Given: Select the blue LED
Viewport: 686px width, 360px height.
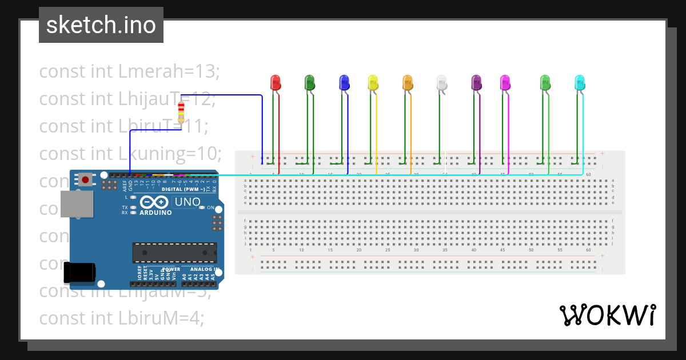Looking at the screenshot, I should click(344, 82).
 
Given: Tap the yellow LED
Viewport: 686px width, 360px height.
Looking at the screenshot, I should click(373, 82).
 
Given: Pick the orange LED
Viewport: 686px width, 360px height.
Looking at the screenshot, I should click(407, 82).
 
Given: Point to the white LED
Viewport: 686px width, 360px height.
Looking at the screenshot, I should click(441, 82).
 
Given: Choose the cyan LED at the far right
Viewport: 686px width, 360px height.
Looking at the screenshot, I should click(579, 82).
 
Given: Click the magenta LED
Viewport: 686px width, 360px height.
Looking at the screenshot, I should click(505, 82).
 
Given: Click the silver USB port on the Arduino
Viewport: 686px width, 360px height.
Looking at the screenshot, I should click(77, 204).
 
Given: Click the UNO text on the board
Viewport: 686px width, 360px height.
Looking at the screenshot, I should click(187, 202).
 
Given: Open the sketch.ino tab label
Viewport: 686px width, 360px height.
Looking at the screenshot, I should click(101, 25).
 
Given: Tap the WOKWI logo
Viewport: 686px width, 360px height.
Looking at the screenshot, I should click(607, 315).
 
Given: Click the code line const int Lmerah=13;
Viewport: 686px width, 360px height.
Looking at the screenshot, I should click(129, 71).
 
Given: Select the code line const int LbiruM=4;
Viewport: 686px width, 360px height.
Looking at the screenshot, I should click(121, 318).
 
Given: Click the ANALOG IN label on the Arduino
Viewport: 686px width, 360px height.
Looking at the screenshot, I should click(205, 269).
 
